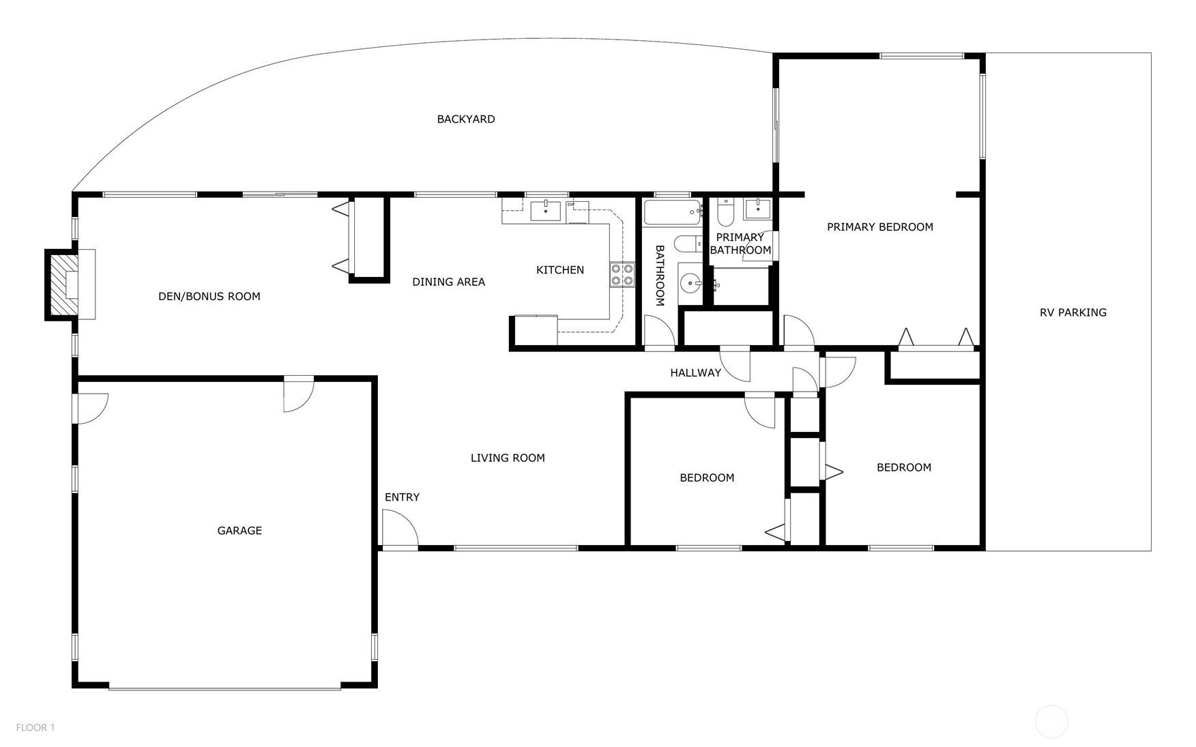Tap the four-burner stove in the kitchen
click(x=622, y=274)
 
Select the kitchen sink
click(x=546, y=211)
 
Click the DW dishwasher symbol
click(x=577, y=211)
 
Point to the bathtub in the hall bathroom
click(x=673, y=214)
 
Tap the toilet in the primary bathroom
click(x=725, y=213)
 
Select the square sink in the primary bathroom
click(x=757, y=209)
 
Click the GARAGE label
click(x=239, y=530)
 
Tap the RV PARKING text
click(x=1073, y=312)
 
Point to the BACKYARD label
click(x=466, y=119)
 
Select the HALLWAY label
click(x=695, y=372)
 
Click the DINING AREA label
click(x=448, y=282)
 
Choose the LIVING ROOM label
click(x=508, y=458)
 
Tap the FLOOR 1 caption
click(x=35, y=727)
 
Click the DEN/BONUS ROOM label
click(x=209, y=296)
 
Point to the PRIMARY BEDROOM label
click(x=880, y=226)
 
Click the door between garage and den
click(x=298, y=394)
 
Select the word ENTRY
click(x=402, y=497)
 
